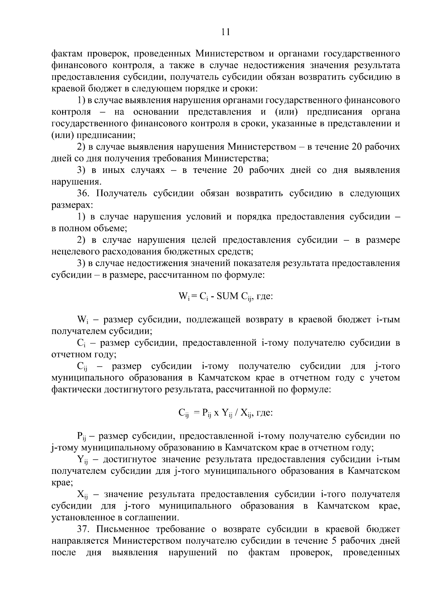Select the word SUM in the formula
pos(224,297)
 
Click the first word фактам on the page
pos(66,54)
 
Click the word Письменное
pos(121,529)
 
